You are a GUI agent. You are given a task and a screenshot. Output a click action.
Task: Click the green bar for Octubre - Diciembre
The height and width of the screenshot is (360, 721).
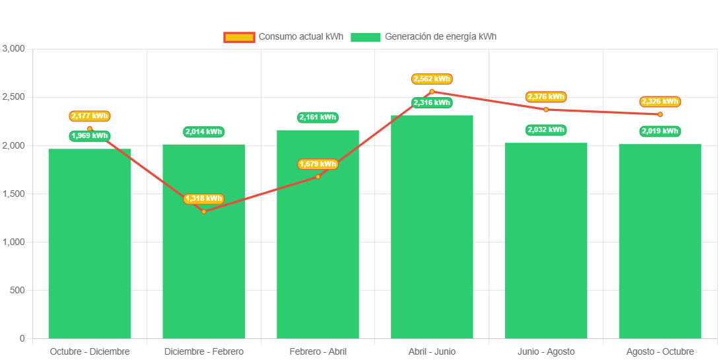coord(90,244)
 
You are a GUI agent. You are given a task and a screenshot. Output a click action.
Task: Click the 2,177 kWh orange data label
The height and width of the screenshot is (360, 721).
coord(90,116)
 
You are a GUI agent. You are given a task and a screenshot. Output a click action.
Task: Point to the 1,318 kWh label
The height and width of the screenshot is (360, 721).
coord(203,199)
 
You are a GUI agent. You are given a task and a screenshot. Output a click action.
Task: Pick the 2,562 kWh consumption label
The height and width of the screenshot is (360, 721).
coord(432,79)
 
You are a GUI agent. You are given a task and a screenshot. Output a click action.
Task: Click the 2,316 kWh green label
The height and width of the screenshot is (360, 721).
coord(432,102)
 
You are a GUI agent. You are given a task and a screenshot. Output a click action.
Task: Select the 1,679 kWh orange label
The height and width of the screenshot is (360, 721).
coord(318,164)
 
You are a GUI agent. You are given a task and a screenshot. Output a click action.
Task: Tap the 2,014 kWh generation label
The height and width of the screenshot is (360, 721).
coord(203,132)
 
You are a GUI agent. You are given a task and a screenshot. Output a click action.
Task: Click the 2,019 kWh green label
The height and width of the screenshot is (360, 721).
coord(660,131)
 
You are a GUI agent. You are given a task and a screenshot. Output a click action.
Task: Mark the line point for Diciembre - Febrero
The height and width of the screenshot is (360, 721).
coord(203,211)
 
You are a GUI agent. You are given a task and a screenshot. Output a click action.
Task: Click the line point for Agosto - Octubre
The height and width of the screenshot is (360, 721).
coord(660,114)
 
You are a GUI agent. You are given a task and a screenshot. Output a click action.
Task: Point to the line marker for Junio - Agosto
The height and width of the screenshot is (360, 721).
coord(546,109)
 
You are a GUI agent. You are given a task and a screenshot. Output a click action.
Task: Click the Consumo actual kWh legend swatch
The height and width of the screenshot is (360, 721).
coord(239,37)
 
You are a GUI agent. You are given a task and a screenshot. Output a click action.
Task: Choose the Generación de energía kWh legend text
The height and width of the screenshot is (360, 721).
coord(440,37)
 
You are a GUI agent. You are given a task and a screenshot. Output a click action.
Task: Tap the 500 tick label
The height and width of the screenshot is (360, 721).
coord(17,291)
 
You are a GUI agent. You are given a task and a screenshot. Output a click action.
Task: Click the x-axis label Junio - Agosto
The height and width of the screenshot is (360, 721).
coord(546,351)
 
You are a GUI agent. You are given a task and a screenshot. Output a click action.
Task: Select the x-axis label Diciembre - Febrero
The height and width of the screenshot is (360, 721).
coord(203,351)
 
